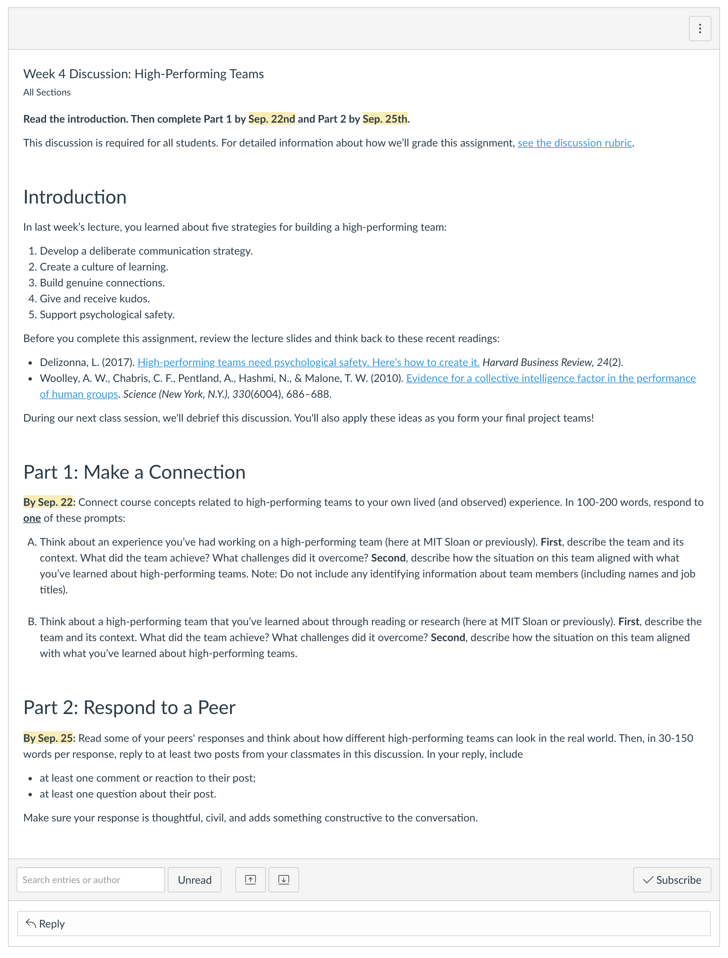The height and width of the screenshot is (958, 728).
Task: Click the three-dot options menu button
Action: [699, 29]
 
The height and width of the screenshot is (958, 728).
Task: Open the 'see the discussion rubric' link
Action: [574, 143]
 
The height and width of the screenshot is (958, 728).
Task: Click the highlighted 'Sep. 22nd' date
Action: [271, 119]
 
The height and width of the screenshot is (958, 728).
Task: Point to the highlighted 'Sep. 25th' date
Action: [385, 119]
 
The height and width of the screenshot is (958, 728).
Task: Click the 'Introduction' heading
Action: [75, 197]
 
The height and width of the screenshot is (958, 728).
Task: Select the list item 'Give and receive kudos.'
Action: [94, 299]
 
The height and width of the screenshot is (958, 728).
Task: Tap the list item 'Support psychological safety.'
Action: [107, 315]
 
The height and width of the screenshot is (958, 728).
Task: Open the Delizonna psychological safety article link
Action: [308, 362]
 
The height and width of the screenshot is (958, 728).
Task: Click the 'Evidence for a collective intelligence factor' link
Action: [550, 378]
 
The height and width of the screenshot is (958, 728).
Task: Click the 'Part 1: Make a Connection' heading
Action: [134, 472]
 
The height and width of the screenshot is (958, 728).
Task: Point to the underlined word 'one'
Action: [32, 518]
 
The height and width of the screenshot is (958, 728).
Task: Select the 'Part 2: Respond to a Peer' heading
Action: [129, 707]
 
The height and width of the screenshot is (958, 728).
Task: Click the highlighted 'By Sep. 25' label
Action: [48, 738]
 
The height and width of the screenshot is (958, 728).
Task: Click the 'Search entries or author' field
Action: [91, 879]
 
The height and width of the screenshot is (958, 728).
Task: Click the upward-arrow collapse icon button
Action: [251, 879]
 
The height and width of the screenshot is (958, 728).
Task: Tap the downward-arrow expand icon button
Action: [283, 879]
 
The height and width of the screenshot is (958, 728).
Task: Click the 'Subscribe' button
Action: [672, 879]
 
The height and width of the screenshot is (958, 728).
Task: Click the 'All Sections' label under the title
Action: [47, 92]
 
